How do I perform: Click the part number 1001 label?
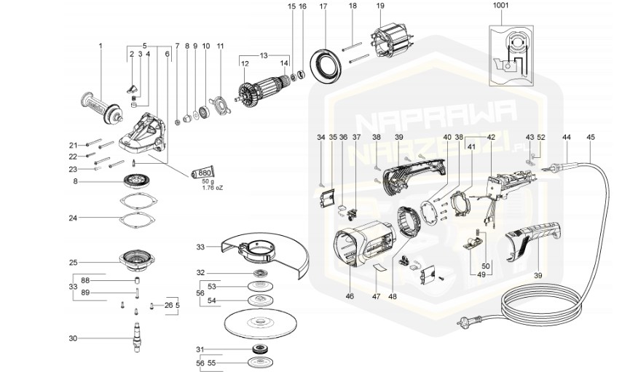click(501, 5)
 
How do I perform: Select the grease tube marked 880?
click(203, 173)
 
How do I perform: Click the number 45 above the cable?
click(591, 137)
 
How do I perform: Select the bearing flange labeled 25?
click(138, 259)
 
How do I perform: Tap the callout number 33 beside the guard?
click(200, 247)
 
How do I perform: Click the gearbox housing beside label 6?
click(146, 135)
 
